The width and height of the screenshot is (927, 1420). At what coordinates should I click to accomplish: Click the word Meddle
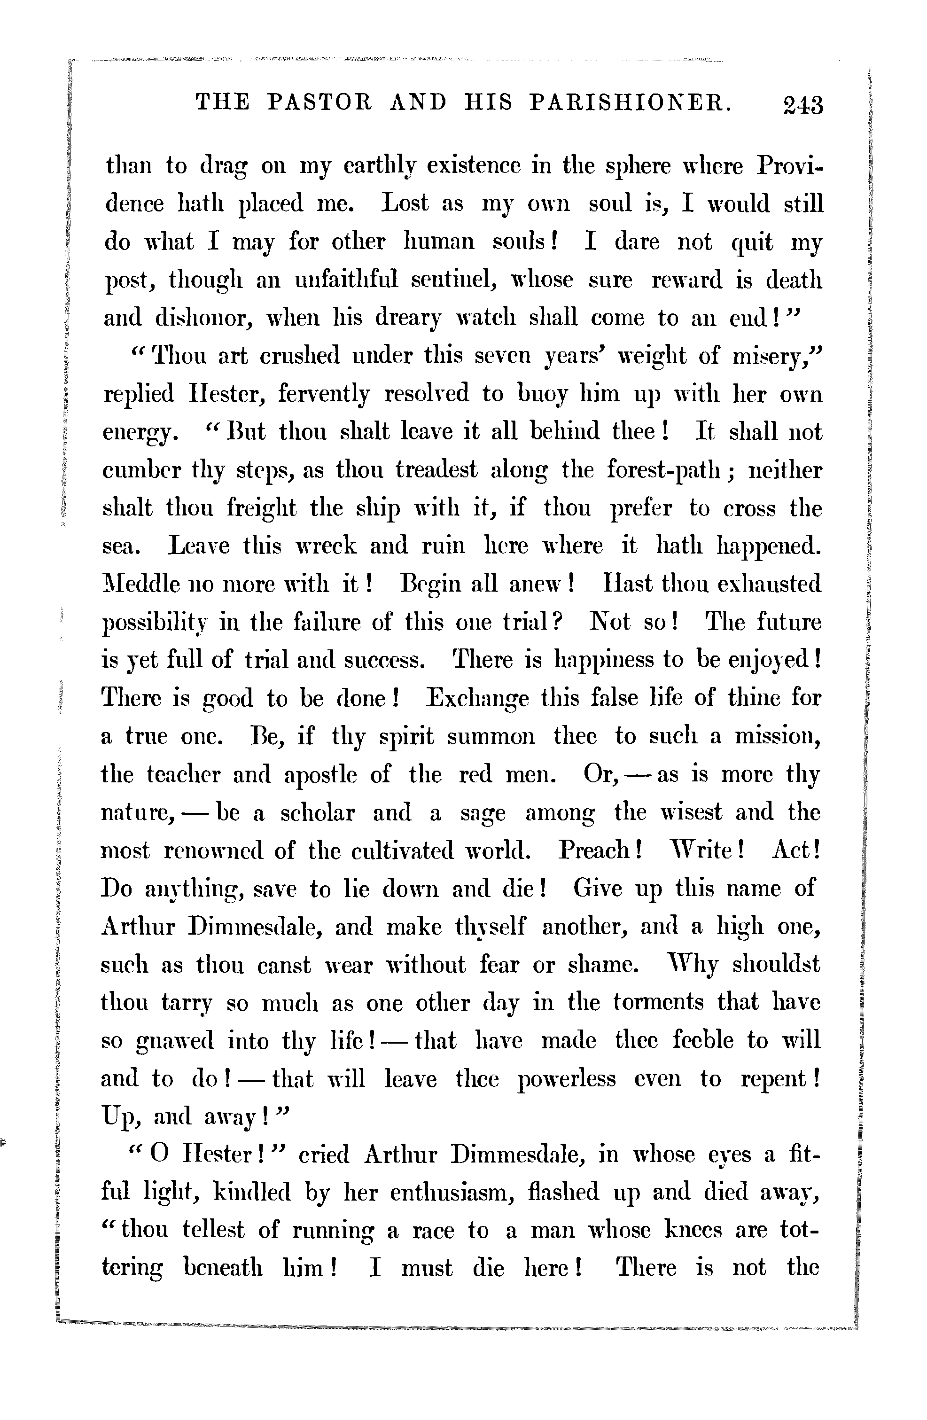(141, 584)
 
